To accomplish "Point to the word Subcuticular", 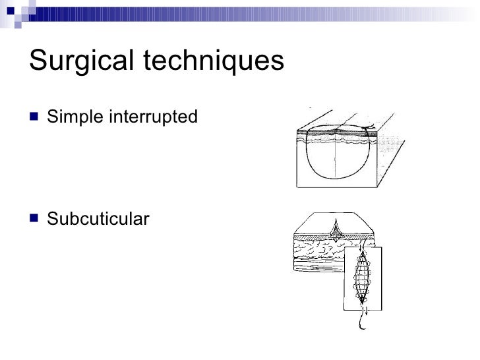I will (98, 218).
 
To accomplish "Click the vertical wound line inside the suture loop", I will (337, 158).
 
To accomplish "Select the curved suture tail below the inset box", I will (361, 321).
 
